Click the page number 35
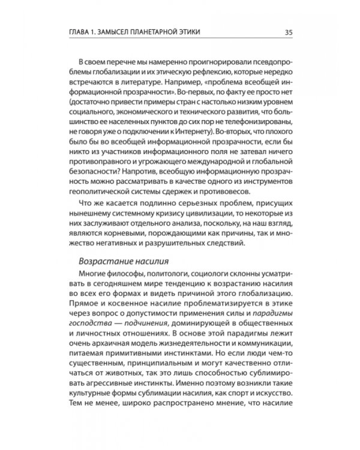289,32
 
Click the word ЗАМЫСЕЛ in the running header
119,32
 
